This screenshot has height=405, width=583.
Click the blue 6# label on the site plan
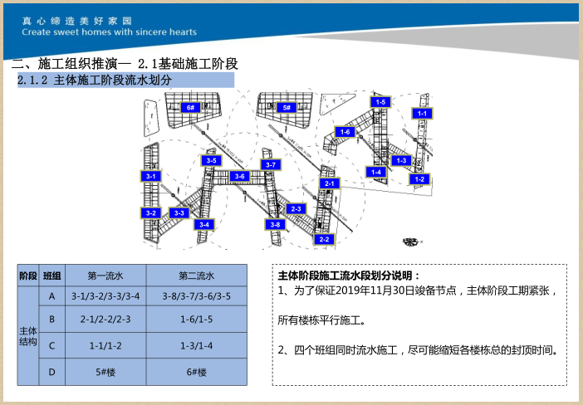click(x=190, y=108)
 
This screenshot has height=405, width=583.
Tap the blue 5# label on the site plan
click(x=287, y=108)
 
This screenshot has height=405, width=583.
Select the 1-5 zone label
click(x=380, y=102)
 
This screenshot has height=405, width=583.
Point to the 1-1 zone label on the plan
click(x=422, y=113)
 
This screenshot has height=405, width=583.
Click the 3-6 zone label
click(x=239, y=176)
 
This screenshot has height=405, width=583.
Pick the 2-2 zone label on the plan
click(x=324, y=239)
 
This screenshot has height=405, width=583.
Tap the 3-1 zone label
click(x=150, y=176)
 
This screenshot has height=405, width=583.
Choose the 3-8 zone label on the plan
click(x=276, y=224)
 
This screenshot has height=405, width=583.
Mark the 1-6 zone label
click(x=345, y=132)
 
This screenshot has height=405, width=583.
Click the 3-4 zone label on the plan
click(x=203, y=224)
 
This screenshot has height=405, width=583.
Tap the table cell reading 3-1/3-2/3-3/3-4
click(x=105, y=296)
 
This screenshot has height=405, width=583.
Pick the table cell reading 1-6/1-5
click(x=196, y=319)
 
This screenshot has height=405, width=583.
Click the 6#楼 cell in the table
click(x=196, y=371)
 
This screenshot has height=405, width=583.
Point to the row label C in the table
click(x=51, y=345)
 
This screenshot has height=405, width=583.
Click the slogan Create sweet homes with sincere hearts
click(x=110, y=32)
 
